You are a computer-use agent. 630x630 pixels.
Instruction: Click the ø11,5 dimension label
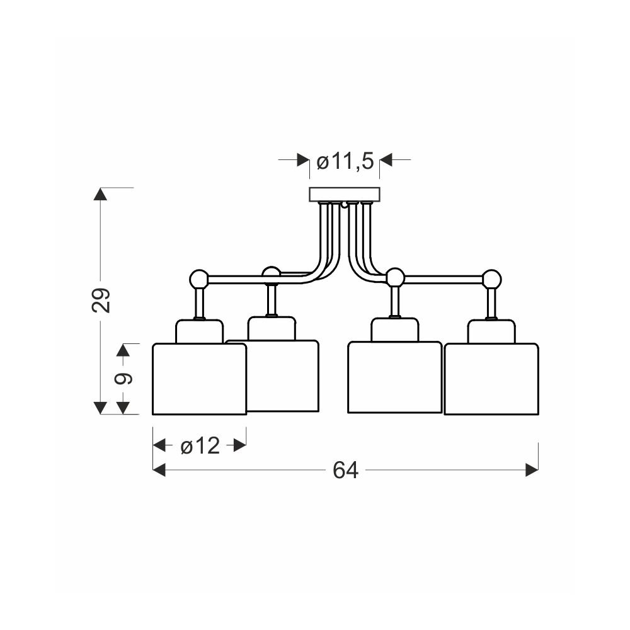pos(345,161)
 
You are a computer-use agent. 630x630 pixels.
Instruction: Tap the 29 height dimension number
pos(101,300)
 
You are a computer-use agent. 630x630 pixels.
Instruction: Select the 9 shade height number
pos(123,379)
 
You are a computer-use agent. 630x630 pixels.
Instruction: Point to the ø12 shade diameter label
pos(200,445)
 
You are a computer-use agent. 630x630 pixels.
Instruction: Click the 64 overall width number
pos(345,470)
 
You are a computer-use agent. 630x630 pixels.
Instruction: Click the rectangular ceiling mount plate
pos(345,195)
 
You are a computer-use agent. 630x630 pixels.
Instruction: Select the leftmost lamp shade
pos(199,379)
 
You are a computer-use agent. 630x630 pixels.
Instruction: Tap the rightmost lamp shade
pos(491,379)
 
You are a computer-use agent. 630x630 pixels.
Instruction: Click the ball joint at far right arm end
pos(492,279)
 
